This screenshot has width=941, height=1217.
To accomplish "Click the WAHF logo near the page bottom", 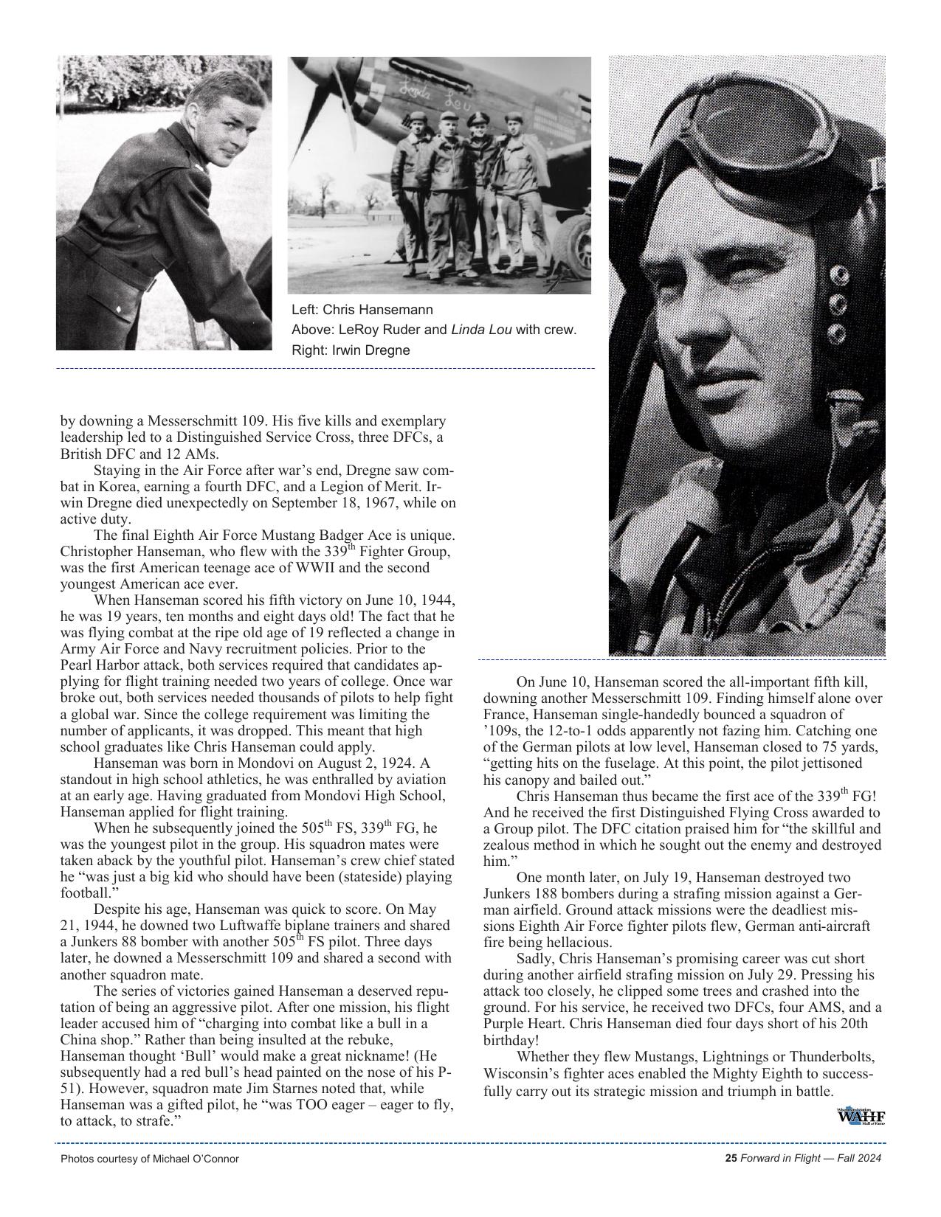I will [x=861, y=1117].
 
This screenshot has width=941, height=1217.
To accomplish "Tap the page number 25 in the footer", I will [x=731, y=1159].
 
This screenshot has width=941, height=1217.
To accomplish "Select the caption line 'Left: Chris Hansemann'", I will [x=362, y=310].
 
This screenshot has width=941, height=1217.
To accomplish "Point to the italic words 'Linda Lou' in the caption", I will [x=481, y=330].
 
